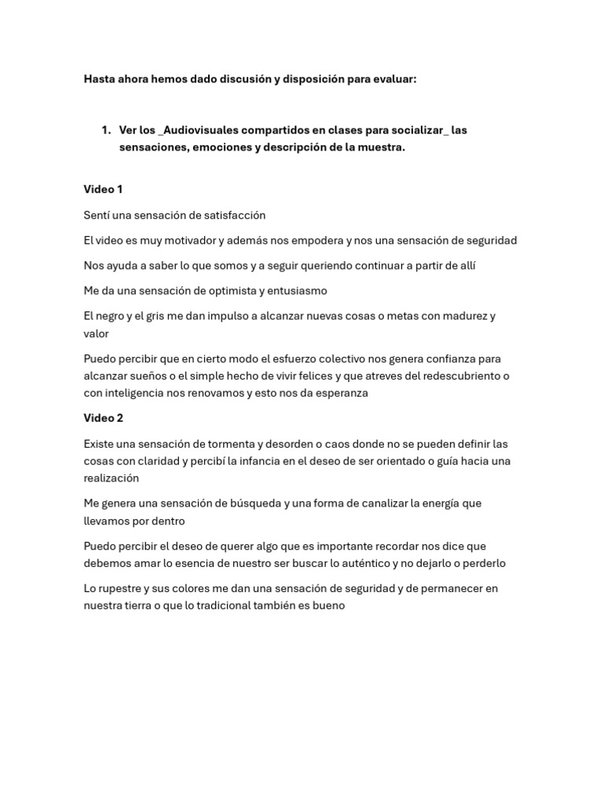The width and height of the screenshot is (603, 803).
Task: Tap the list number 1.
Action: click(105, 130)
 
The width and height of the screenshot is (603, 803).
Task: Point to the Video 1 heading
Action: click(103, 190)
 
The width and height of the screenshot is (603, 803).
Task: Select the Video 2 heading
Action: click(103, 418)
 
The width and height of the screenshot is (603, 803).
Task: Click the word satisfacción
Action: click(232, 215)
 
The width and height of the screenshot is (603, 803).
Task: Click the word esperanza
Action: click(340, 393)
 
